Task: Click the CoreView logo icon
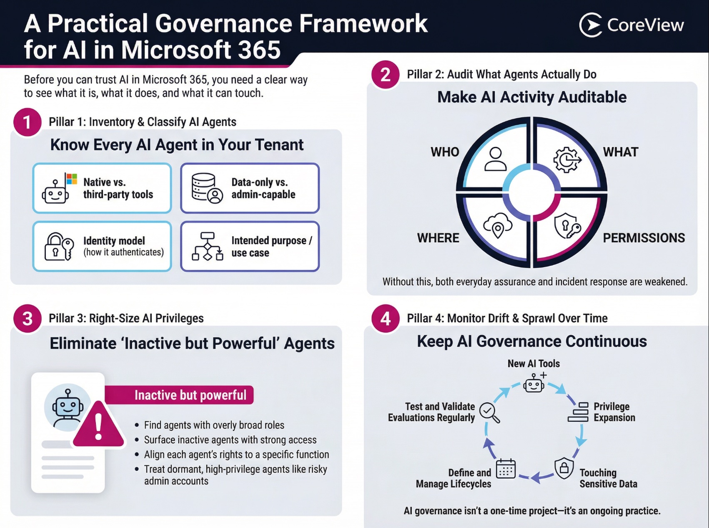pos(591,25)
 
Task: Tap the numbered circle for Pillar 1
pos(27,122)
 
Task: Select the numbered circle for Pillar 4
pos(386,318)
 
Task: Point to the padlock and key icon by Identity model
pos(59,247)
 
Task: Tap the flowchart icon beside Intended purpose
pos(207,247)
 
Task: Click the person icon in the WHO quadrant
pos(495,159)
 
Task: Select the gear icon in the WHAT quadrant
pos(566,159)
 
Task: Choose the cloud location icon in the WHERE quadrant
pos(498,225)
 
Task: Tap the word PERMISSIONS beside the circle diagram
pos(644,238)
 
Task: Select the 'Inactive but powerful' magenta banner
pos(179,395)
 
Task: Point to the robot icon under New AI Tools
pos(534,383)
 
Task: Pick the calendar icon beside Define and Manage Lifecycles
pos(506,469)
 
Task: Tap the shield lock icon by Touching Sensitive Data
pos(564,468)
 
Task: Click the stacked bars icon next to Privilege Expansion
pos(578,412)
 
